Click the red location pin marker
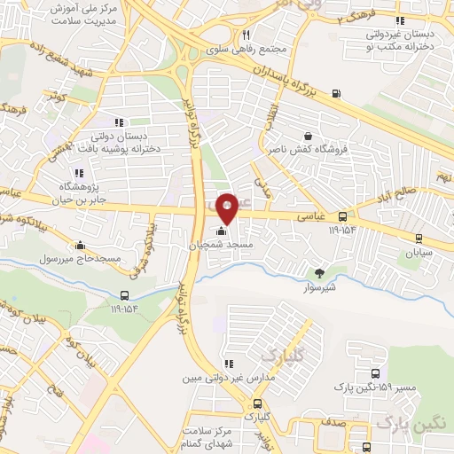click(x=227, y=207)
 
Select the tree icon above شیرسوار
click(x=319, y=273)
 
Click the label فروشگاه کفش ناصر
click(x=307, y=149)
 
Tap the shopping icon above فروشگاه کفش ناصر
click(x=307, y=136)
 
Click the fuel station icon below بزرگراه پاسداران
click(x=336, y=94)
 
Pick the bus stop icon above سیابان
click(x=419, y=237)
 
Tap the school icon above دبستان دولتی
click(x=118, y=122)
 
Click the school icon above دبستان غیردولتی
click(x=400, y=20)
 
